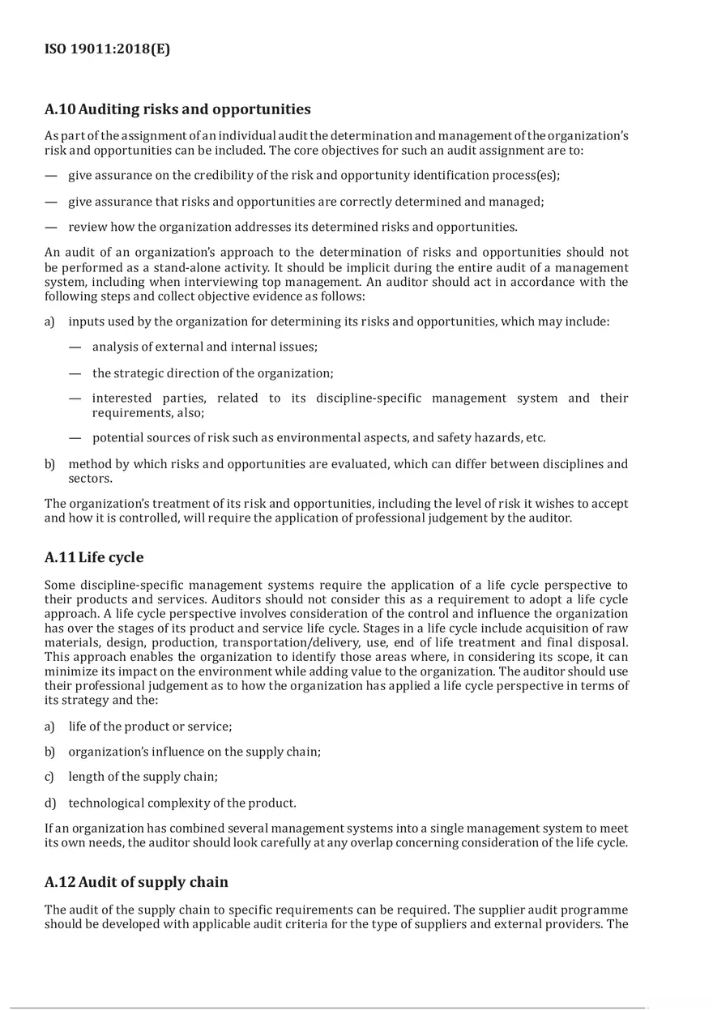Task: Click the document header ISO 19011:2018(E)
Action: click(107, 49)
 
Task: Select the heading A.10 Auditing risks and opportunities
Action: click(177, 109)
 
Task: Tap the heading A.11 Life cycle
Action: click(94, 557)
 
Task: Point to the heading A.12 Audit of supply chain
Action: click(136, 882)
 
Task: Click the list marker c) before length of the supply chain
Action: click(50, 777)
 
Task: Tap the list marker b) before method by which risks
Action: click(50, 464)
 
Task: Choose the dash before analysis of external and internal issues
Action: click(75, 347)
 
